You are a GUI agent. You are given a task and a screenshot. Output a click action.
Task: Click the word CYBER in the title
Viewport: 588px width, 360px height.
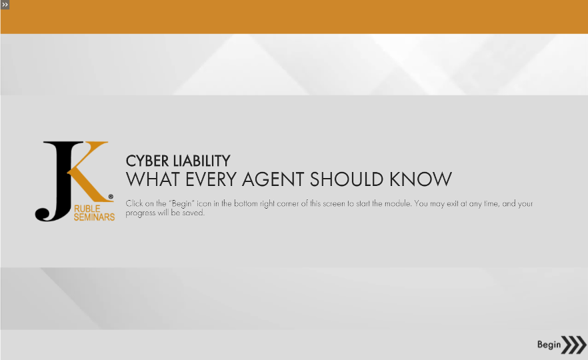point(147,161)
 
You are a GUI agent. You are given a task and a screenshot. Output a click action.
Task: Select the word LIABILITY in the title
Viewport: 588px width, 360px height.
point(202,161)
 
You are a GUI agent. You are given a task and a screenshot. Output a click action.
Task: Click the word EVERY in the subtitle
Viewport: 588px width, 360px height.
point(211,179)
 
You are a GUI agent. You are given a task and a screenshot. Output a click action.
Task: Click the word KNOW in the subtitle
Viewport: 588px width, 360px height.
point(421,179)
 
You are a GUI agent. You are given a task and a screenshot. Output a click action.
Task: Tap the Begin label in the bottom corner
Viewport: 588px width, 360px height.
point(549,345)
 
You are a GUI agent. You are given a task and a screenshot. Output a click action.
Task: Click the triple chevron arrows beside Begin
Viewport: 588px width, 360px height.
point(574,345)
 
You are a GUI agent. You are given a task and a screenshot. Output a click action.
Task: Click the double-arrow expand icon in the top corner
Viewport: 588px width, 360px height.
point(5,5)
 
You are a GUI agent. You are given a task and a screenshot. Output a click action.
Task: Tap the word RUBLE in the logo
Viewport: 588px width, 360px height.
point(87,209)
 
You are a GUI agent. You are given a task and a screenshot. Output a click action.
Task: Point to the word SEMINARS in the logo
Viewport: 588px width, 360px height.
point(94,217)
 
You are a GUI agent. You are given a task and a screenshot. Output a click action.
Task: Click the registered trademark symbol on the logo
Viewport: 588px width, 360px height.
point(111,197)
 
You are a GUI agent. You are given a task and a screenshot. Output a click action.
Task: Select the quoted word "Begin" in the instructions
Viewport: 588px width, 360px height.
point(181,203)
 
